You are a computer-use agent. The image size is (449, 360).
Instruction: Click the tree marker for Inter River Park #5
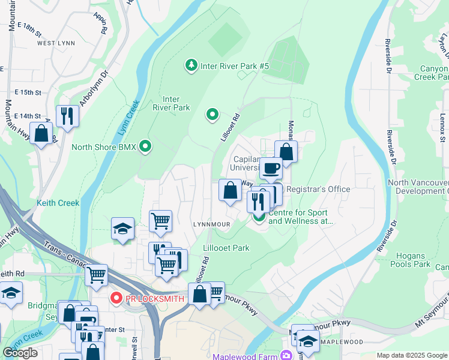click(191, 64)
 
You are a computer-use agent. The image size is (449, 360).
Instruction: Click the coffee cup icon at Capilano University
click(271, 169)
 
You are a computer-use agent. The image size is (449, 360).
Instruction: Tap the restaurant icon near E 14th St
click(67, 115)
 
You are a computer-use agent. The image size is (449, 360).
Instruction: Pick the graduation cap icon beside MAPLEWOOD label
click(308, 341)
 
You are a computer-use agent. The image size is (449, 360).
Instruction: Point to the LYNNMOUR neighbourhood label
click(211, 224)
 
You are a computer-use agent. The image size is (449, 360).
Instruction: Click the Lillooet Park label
click(226, 248)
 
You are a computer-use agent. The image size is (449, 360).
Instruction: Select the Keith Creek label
click(58, 203)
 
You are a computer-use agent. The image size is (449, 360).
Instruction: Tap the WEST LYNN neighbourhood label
click(56, 43)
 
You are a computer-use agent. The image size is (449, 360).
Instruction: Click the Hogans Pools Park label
click(410, 260)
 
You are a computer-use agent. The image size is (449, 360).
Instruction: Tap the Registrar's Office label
click(318, 189)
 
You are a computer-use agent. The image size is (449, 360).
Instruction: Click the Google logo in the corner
click(20, 353)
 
